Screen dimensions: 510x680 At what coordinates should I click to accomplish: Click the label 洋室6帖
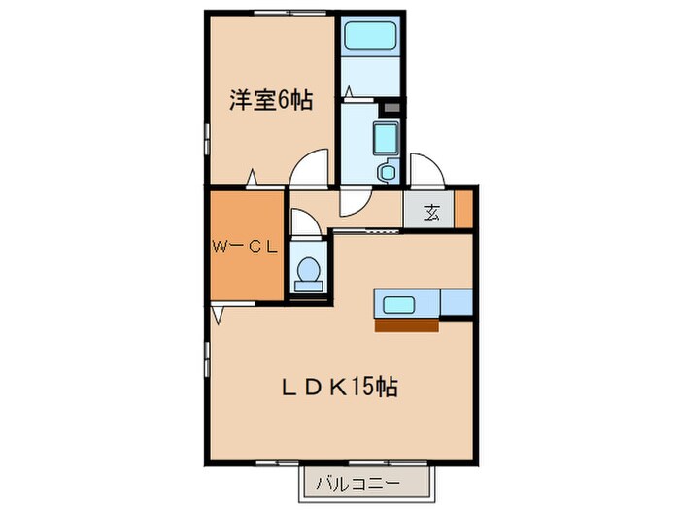[271, 100]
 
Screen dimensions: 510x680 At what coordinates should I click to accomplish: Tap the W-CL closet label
[246, 246]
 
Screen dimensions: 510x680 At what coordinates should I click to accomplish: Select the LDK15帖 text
[337, 387]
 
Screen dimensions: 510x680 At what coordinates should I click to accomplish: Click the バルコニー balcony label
[363, 480]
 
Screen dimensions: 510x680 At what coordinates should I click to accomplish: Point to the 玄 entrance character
[431, 213]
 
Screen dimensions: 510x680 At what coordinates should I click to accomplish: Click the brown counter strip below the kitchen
[406, 325]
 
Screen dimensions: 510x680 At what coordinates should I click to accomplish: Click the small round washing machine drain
[387, 172]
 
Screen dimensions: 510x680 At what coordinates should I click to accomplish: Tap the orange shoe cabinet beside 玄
[463, 209]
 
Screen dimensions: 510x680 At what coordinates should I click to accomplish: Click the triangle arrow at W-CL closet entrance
[220, 316]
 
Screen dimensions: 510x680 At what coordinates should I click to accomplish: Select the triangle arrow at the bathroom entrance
[347, 92]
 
